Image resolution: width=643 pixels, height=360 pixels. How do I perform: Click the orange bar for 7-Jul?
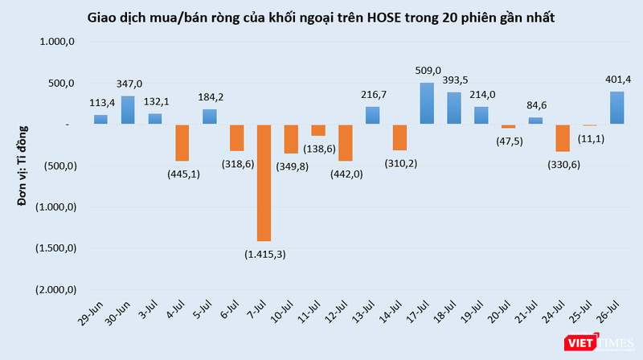pos(264,182)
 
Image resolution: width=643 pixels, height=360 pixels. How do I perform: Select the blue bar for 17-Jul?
pos(427,104)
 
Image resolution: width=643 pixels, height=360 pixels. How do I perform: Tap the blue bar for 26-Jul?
pos(616,108)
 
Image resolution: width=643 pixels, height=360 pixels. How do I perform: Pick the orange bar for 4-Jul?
pos(182,143)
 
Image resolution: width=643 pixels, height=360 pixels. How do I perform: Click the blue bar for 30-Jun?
pos(128,110)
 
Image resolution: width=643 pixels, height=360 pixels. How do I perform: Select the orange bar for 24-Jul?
pos(563,138)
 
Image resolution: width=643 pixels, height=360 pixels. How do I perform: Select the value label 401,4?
pos(616,79)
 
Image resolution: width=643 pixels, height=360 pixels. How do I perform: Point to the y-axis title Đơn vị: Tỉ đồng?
pos(24,165)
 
